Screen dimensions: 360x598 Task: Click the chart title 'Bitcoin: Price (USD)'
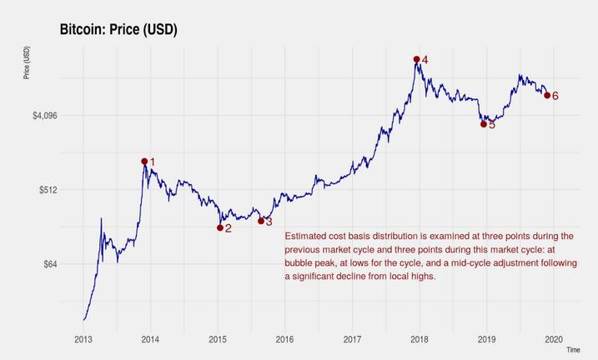(x=118, y=30)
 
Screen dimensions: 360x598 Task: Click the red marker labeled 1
(x=144, y=162)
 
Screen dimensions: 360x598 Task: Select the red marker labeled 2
(x=220, y=227)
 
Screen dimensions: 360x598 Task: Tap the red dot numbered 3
(x=261, y=221)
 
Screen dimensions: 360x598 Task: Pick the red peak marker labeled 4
(x=416, y=59)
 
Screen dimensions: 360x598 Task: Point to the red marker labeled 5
(x=484, y=124)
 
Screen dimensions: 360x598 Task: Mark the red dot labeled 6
(x=547, y=96)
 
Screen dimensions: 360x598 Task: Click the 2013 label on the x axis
(x=83, y=339)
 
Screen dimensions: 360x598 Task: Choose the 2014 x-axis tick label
(x=151, y=339)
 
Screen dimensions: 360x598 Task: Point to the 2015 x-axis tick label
(x=218, y=339)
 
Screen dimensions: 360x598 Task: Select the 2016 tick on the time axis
(x=285, y=339)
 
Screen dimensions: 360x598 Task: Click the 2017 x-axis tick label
(x=352, y=339)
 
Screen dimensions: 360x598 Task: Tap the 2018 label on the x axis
(x=420, y=339)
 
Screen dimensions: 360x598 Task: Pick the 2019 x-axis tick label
(x=486, y=339)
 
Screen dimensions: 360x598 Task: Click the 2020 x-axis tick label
(x=554, y=339)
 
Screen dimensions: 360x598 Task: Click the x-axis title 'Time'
(x=573, y=351)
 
